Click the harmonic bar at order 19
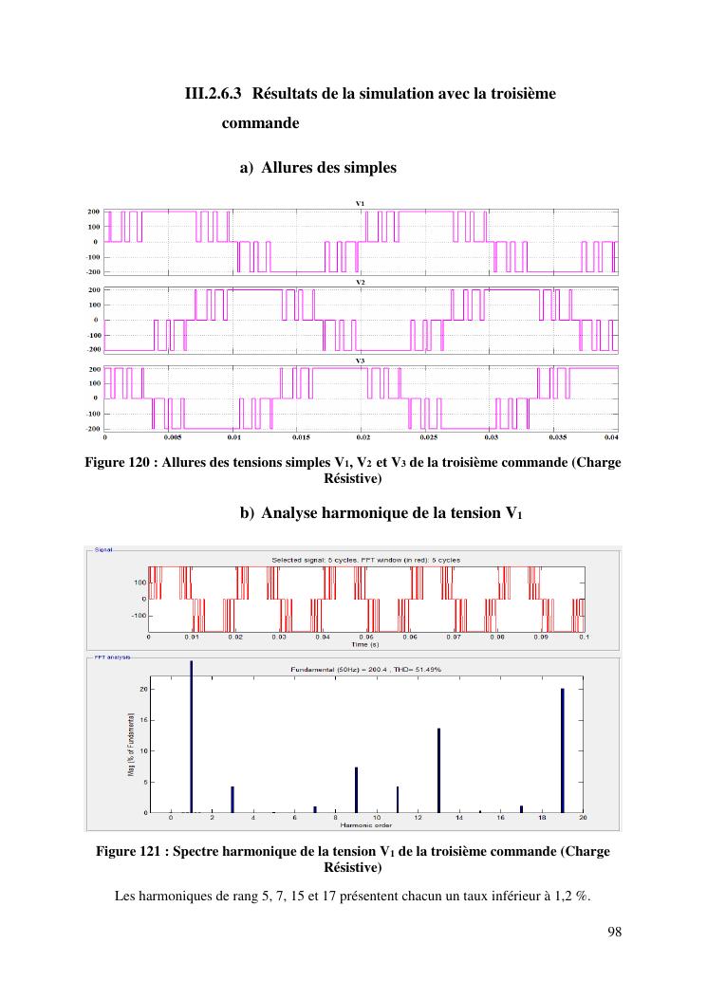click(563, 750)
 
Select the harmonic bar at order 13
click(438, 770)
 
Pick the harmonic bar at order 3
click(233, 799)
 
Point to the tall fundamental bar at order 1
click(192, 736)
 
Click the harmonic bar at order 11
click(398, 799)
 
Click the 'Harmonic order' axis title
click(377, 825)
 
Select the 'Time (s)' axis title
click(365, 644)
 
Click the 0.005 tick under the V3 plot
click(172, 438)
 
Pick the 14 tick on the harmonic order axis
click(459, 818)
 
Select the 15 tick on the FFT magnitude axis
click(143, 720)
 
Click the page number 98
click(613, 932)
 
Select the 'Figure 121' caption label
click(131, 850)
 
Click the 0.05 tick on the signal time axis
click(366, 638)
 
